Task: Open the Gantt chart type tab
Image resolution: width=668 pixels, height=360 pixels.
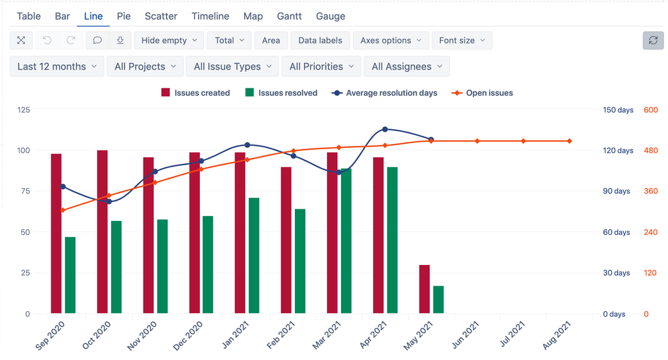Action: coord(290,16)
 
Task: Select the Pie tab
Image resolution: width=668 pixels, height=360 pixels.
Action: coord(124,16)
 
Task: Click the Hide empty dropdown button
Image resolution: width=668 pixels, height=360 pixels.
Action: coord(169,40)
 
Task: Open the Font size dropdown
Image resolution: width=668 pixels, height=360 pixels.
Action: coord(462,40)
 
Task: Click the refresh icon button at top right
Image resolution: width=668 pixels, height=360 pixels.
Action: coord(653,40)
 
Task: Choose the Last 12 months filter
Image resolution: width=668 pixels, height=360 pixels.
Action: coord(57,66)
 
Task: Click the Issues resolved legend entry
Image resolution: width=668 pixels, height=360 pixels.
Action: coord(282,93)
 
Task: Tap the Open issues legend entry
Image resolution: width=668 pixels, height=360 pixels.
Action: coord(483,93)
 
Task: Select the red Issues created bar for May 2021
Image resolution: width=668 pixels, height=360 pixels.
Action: coord(425,289)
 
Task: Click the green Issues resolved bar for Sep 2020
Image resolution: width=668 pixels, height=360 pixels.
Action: coord(70,275)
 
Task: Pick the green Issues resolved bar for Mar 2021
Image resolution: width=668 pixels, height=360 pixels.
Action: coord(346,241)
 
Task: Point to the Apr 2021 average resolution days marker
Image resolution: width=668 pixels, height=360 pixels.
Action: coord(385,129)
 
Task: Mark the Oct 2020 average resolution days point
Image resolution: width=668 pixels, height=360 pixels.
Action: coord(109,201)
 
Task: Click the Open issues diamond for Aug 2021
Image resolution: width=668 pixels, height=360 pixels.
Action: coord(570,141)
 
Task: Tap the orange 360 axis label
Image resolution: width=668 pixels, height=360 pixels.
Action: coord(651,191)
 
